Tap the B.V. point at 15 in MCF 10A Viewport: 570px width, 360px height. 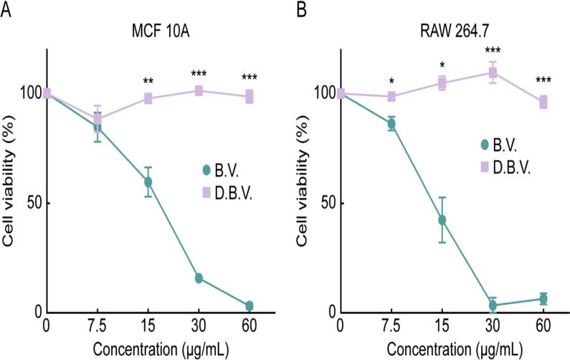coord(148,182)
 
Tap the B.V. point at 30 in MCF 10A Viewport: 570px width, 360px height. coord(199,278)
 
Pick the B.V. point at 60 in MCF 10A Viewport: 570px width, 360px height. coord(250,306)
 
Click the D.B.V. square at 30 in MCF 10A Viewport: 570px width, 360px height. coord(199,90)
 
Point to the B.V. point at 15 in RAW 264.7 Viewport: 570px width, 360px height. coord(442,219)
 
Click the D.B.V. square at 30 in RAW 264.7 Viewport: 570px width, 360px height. coord(493,72)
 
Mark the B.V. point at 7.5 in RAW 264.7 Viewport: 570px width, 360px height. coord(391,124)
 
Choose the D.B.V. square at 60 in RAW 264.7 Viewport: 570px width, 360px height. coord(543,102)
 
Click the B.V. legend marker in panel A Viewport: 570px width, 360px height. coord(208,171)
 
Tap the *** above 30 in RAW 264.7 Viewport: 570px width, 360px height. coord(493,51)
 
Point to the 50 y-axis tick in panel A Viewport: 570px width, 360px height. coord(33,203)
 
